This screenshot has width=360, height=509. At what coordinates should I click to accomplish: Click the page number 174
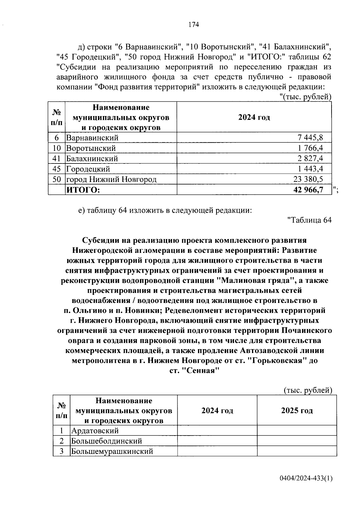click(x=193, y=25)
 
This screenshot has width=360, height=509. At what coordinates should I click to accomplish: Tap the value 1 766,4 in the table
click(x=310, y=148)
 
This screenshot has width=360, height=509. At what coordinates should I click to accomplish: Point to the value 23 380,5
click(x=308, y=179)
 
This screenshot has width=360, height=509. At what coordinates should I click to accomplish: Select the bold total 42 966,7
click(x=308, y=190)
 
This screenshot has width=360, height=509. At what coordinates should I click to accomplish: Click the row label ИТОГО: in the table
click(x=83, y=190)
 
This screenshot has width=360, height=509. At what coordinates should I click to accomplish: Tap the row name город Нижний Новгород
click(x=111, y=179)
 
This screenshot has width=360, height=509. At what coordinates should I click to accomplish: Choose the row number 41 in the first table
click(x=57, y=159)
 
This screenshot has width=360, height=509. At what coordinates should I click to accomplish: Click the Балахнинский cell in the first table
click(x=92, y=159)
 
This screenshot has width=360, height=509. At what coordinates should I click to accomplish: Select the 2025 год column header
click(x=297, y=411)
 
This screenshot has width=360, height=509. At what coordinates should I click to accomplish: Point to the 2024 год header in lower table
click(x=217, y=411)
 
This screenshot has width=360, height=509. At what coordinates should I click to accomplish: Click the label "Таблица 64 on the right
click(x=309, y=220)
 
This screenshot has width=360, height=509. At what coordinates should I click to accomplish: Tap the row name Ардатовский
click(x=95, y=431)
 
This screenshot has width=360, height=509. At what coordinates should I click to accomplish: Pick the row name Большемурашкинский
click(x=112, y=451)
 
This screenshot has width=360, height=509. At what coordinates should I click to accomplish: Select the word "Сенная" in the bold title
click(x=201, y=371)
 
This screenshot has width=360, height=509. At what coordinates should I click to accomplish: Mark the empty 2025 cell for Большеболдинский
click(x=297, y=441)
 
